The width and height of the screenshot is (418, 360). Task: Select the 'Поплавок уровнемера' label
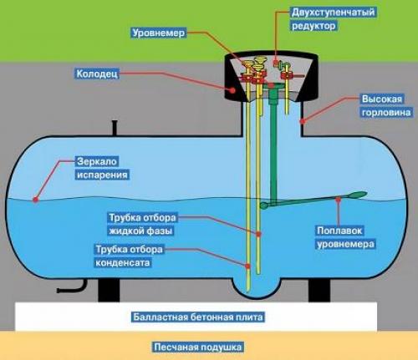344,237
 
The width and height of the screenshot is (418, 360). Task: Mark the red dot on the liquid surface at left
35,199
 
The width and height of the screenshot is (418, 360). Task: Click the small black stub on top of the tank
112,127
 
